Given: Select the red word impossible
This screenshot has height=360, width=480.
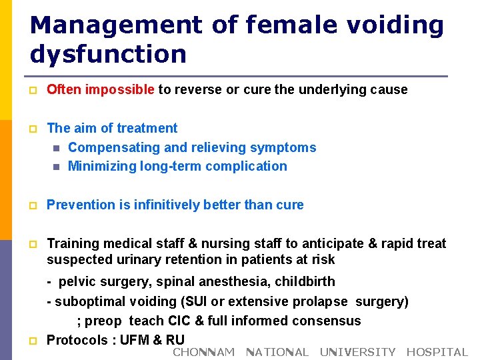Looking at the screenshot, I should coord(122,89).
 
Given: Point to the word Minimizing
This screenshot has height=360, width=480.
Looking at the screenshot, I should coord(102,166).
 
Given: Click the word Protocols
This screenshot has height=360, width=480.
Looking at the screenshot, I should coord(75,340).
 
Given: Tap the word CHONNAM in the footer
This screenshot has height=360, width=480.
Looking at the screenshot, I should coord(203,352).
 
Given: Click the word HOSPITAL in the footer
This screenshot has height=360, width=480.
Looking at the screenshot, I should coord(437,352).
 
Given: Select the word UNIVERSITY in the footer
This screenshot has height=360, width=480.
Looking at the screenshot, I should coord(357,352).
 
